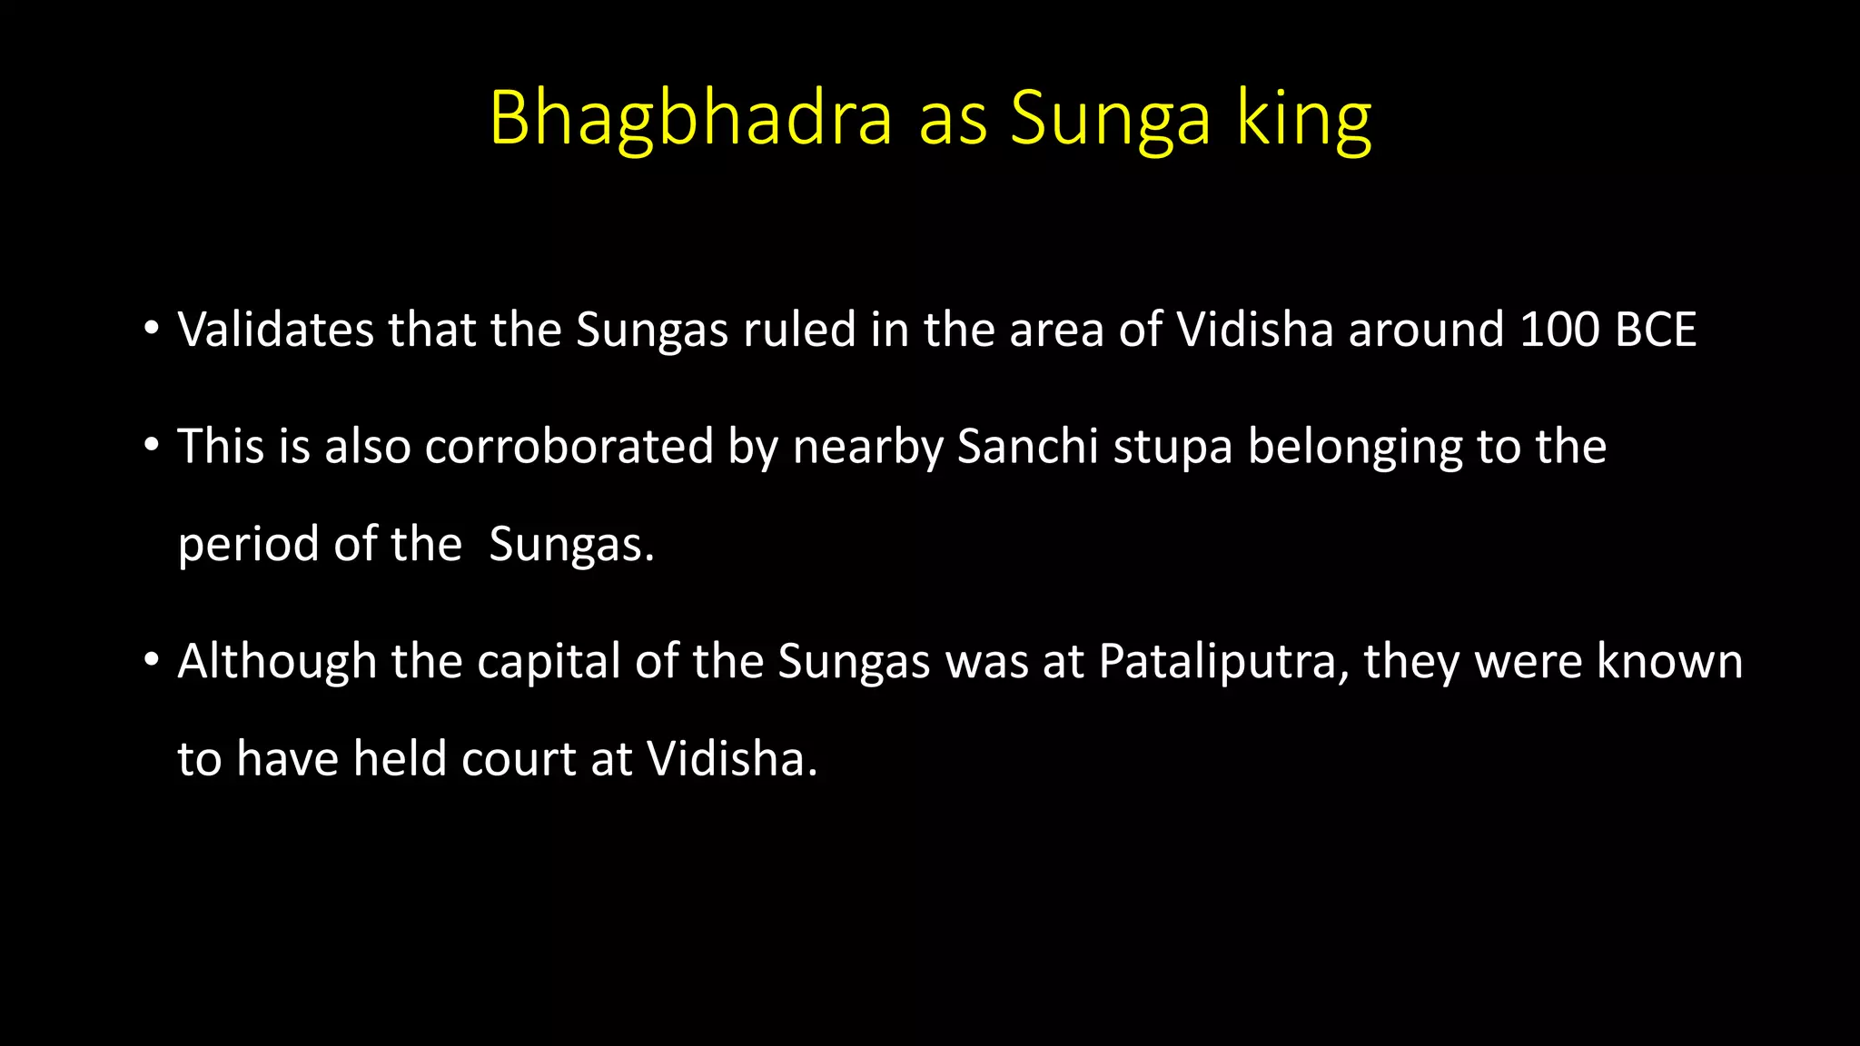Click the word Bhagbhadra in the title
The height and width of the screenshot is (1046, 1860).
(690, 118)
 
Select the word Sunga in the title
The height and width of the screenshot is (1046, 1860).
(1110, 120)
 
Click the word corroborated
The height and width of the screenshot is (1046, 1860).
(569, 447)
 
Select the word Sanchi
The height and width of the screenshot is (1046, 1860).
(1028, 447)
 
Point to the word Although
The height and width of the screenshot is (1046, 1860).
(277, 661)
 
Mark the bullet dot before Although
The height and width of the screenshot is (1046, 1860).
(152, 659)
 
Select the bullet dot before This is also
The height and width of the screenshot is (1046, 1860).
(152, 445)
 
